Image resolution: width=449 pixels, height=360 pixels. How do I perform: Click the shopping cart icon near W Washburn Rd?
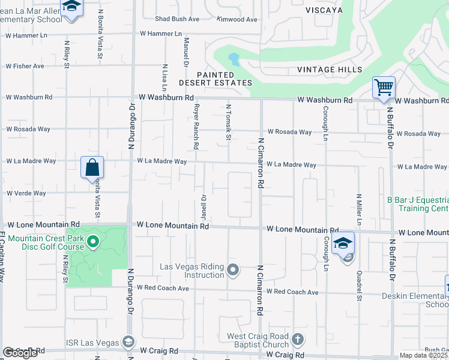384,88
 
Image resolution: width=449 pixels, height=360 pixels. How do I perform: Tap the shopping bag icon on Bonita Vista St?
92,167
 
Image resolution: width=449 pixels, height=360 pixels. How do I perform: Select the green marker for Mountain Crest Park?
92,242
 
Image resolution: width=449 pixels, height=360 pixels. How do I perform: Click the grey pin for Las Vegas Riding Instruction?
234,270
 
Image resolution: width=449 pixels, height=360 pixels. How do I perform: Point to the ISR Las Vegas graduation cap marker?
128,342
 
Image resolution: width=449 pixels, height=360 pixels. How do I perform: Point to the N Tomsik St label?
229,123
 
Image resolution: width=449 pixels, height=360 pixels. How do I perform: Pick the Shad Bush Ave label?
177,19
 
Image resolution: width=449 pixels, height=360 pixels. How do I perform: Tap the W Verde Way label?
26,193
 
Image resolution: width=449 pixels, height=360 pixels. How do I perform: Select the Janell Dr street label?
203,205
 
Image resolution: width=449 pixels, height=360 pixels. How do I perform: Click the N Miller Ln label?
358,209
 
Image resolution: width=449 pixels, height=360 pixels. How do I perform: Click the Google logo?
20,353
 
